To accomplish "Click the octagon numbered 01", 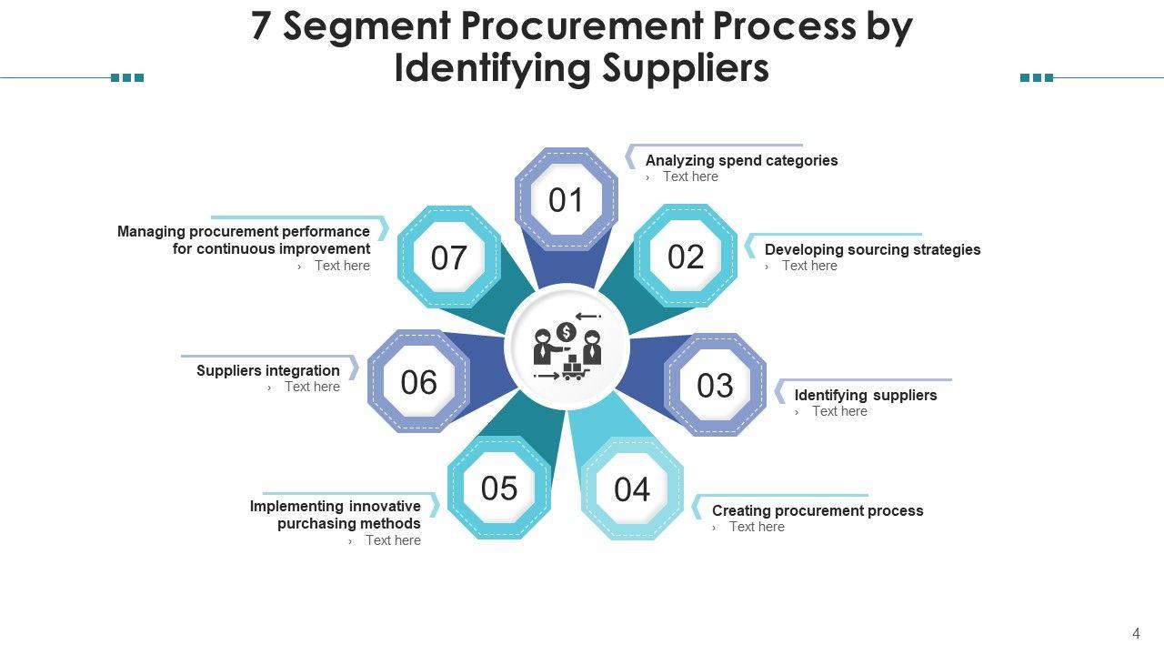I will pyautogui.click(x=566, y=200).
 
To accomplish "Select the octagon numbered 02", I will pyautogui.click(x=686, y=257).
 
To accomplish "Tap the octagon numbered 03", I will pyautogui.click(x=715, y=386).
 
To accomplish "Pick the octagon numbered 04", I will pyautogui.click(x=632, y=489).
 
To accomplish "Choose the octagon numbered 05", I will pyautogui.click(x=499, y=489).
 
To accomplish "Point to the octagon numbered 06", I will pyautogui.click(x=418, y=382).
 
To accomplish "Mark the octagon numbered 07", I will pyautogui.click(x=448, y=258).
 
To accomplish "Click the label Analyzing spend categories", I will pyautogui.click(x=741, y=160).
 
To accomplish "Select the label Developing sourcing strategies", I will pyautogui.click(x=872, y=249).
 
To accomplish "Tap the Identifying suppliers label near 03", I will pyautogui.click(x=865, y=395).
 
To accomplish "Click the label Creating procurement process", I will pyautogui.click(x=817, y=510).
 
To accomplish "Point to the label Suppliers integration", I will pyautogui.click(x=268, y=370).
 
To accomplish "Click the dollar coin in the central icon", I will pyautogui.click(x=567, y=332).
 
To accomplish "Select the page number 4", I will pyautogui.click(x=1136, y=634).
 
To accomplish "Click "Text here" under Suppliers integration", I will pyautogui.click(x=312, y=387).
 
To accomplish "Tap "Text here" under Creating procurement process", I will pyautogui.click(x=757, y=527).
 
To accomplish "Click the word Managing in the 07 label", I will pyautogui.click(x=151, y=231).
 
